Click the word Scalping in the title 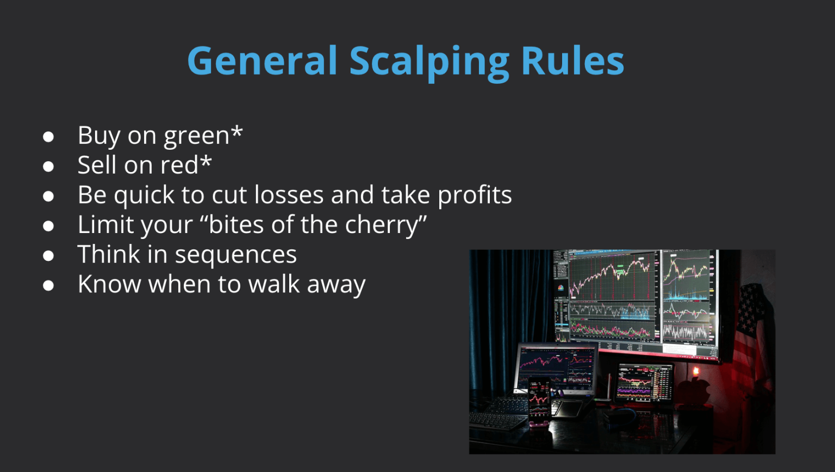[x=429, y=62]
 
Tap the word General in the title [x=262, y=60]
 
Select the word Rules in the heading [x=572, y=60]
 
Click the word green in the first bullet [x=197, y=136]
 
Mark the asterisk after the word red [x=205, y=161]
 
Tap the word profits [x=475, y=195]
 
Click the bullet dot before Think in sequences [x=48, y=255]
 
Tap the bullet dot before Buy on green [x=48, y=136]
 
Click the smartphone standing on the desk [x=539, y=401]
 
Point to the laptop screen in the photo [x=556, y=364]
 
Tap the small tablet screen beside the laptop [x=644, y=381]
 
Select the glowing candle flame [x=696, y=372]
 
